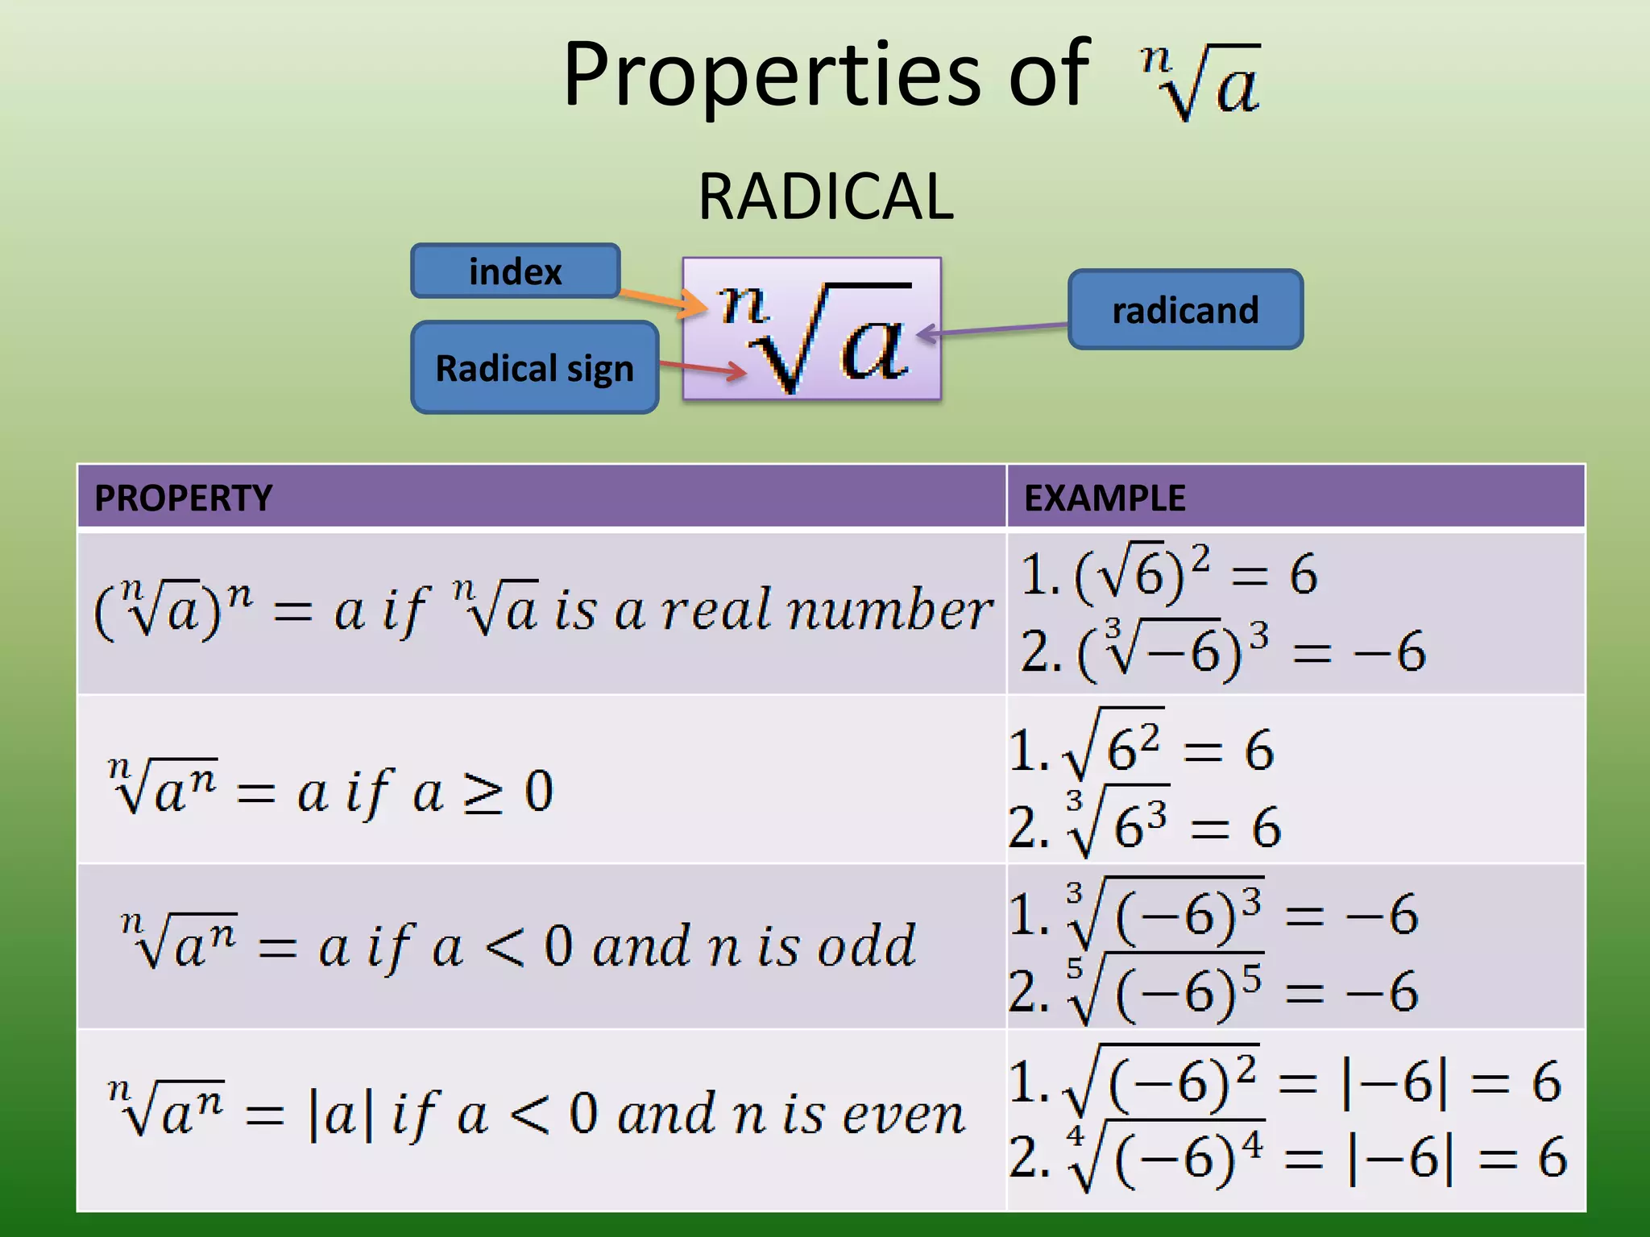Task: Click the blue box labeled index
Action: point(515,271)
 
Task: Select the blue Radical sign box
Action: point(534,368)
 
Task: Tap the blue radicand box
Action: point(1184,310)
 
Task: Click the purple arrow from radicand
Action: point(999,329)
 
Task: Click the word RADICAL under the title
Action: point(825,197)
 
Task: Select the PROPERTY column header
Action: point(184,498)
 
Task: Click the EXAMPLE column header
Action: point(1104,498)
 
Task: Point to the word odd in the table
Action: point(867,945)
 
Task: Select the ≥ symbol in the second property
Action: point(483,792)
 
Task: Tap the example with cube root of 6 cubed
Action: point(1144,826)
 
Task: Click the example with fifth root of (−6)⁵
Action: point(1213,991)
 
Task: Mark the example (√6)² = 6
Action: point(1168,573)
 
